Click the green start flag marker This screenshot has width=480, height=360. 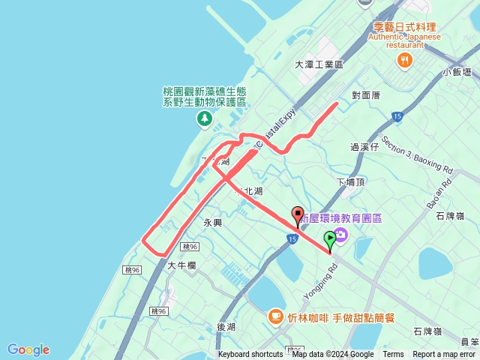pyautogui.click(x=330, y=241)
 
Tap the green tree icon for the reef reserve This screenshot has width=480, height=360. pyautogui.click(x=204, y=118)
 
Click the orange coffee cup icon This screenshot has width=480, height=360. pyautogui.click(x=276, y=316)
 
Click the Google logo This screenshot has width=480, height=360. pyautogui.click(x=28, y=349)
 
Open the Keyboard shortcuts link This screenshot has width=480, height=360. pyautogui.click(x=250, y=355)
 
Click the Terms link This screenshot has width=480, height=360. pyautogui.click(x=393, y=355)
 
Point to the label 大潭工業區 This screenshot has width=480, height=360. pyautogui.click(x=318, y=65)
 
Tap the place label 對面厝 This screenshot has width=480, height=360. pyautogui.click(x=366, y=95)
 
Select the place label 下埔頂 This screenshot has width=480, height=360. pyautogui.click(x=350, y=182)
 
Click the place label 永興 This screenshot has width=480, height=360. pyautogui.click(x=213, y=223)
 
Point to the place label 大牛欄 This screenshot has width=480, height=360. pyautogui.click(x=181, y=265)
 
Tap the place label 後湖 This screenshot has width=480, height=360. pyautogui.click(x=226, y=327)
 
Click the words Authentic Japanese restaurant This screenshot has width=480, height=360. pyautogui.click(x=406, y=40)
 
